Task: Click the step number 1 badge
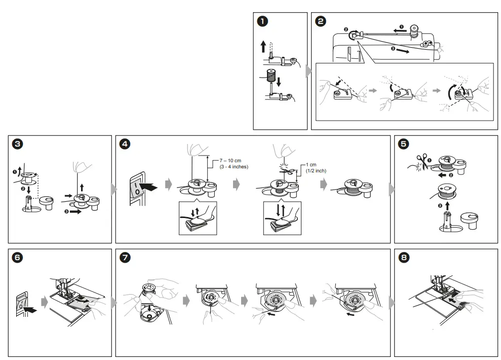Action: (262, 21)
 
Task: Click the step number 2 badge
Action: (320, 21)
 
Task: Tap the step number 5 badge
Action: (403, 144)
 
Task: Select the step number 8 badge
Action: (403, 258)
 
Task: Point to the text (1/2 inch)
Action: (316, 171)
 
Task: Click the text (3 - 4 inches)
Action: (234, 167)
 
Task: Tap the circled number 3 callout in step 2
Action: (393, 48)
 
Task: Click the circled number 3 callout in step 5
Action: (440, 206)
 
